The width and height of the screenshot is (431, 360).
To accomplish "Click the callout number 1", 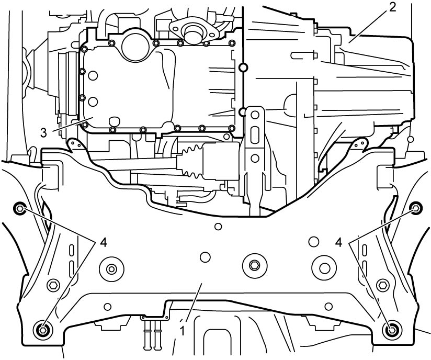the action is pyautogui.click(x=182, y=331).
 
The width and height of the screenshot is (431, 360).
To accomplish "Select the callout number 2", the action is pyautogui.click(x=393, y=7).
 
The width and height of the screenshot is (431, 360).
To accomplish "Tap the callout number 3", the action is pyautogui.click(x=44, y=133).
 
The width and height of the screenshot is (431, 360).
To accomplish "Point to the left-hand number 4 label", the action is pyautogui.click(x=103, y=243).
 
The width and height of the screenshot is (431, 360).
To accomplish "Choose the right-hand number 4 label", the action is pyautogui.click(x=339, y=243).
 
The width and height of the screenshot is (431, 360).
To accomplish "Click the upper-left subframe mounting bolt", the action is pyautogui.click(x=20, y=209).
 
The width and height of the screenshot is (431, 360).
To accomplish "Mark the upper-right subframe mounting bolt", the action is pyautogui.click(x=416, y=208).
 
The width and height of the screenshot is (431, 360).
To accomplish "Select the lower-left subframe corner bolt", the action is pyautogui.click(x=42, y=329).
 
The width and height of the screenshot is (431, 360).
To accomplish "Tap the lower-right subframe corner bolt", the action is pyautogui.click(x=392, y=329).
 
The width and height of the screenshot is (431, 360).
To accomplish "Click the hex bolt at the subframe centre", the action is pyautogui.click(x=254, y=265).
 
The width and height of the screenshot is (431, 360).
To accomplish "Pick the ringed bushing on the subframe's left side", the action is pyautogui.click(x=111, y=269).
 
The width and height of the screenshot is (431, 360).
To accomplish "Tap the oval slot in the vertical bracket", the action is pyautogui.click(x=255, y=135).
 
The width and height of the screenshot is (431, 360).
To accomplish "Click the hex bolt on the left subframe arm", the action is pyautogui.click(x=53, y=285).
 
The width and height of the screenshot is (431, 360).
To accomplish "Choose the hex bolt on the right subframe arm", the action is pyautogui.click(x=382, y=284).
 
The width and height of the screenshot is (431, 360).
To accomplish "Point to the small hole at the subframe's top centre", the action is pyautogui.click(x=218, y=227).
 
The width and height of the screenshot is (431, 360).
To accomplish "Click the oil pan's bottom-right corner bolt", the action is pyautogui.click(x=232, y=128).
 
